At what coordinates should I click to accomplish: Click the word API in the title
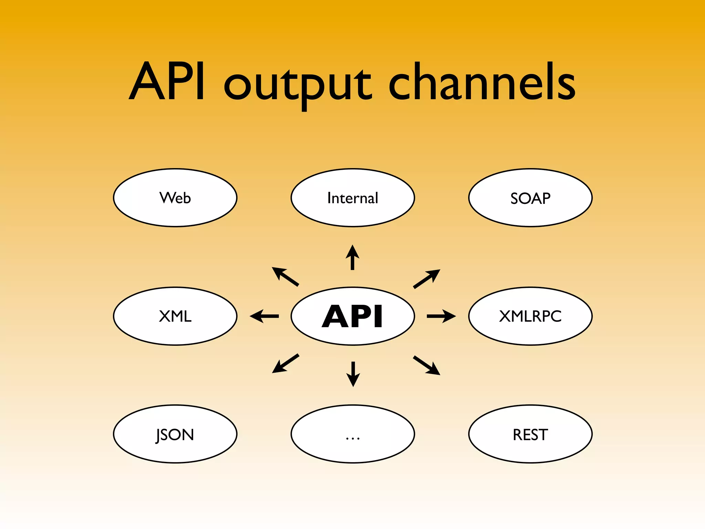click(168, 82)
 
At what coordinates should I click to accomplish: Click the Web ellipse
click(175, 198)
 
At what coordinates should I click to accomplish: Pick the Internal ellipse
click(352, 198)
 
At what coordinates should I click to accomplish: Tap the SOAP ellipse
click(530, 198)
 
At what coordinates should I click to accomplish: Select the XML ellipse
click(175, 316)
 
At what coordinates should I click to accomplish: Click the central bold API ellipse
click(352, 316)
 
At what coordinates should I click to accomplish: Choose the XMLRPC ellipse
click(530, 316)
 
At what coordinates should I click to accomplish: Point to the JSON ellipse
click(175, 434)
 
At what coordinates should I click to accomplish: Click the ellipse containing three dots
click(352, 434)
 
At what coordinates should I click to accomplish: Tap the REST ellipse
click(530, 434)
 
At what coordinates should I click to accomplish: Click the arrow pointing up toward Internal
click(352, 258)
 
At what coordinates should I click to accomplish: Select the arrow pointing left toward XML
click(264, 316)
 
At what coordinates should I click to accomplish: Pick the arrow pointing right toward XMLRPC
click(441, 316)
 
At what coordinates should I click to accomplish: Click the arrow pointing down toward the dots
click(353, 374)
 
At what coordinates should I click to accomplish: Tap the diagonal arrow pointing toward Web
click(285, 277)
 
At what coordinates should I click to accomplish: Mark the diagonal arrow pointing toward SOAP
click(427, 279)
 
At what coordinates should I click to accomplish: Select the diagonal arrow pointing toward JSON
click(285, 363)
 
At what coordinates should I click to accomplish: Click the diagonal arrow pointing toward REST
click(427, 365)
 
